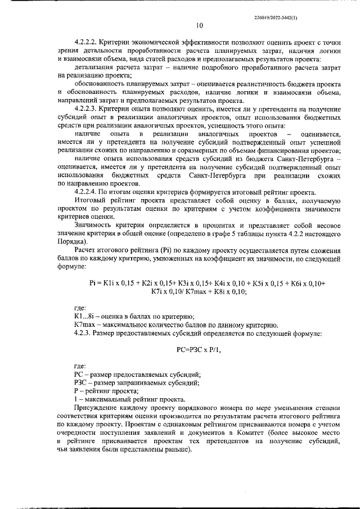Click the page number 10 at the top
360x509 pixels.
coord(200,25)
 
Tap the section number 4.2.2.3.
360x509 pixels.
coord(87,107)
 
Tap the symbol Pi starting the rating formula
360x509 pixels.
coord(93,283)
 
